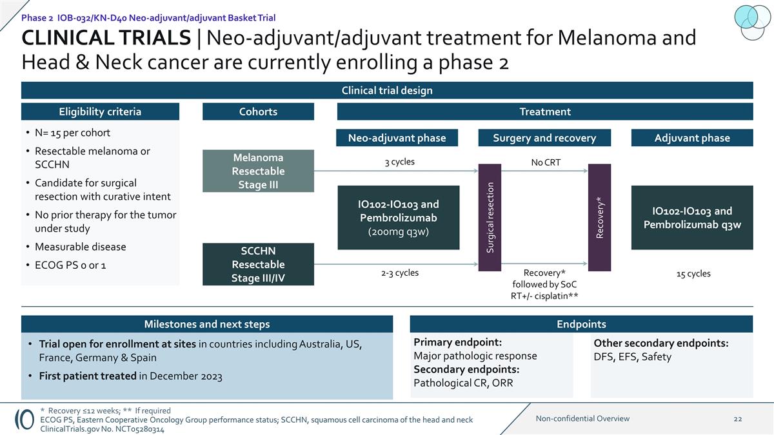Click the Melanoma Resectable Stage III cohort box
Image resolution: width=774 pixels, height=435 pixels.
pyautogui.click(x=258, y=171)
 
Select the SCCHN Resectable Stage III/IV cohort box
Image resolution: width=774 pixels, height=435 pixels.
pyautogui.click(x=258, y=264)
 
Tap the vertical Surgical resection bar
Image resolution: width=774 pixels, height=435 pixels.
pyautogui.click(x=490, y=217)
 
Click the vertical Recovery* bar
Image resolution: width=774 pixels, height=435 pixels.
pyautogui.click(x=600, y=217)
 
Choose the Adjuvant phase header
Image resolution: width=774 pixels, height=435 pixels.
pyautogui.click(x=692, y=138)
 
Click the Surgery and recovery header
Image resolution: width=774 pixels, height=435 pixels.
pyautogui.click(x=544, y=138)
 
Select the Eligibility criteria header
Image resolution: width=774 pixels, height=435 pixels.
pyautogui.click(x=100, y=111)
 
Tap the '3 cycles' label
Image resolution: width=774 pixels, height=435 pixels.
pyautogui.click(x=399, y=162)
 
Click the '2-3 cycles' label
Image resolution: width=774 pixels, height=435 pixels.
pyautogui.click(x=399, y=273)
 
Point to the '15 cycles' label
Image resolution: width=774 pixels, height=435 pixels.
pyautogui.click(x=693, y=273)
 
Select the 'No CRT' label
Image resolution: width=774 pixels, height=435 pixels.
pyautogui.click(x=546, y=162)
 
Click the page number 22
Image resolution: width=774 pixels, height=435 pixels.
pyautogui.click(x=738, y=419)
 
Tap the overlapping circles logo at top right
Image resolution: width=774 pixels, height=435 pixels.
pyautogui.click(x=752, y=19)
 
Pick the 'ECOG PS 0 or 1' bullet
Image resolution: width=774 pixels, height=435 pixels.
pyautogui.click(x=71, y=265)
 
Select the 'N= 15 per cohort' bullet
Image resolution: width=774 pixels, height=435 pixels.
pyautogui.click(x=72, y=133)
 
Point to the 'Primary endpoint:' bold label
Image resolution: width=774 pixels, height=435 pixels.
pyautogui.click(x=457, y=342)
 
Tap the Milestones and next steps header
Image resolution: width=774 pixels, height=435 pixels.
pyautogui.click(x=207, y=324)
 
